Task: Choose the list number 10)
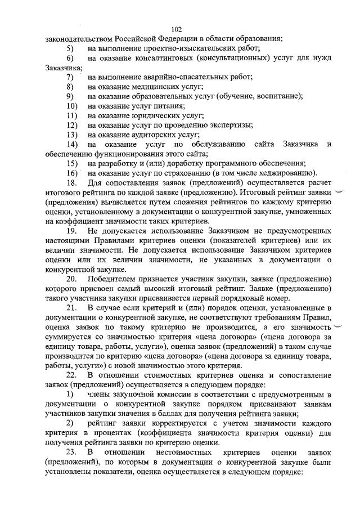click(71, 106)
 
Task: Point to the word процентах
click(93, 433)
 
